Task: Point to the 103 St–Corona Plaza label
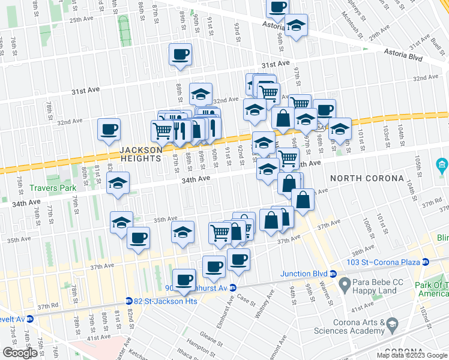(x=385, y=262)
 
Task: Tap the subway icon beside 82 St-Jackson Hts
(x=128, y=301)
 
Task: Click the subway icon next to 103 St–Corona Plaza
(x=425, y=262)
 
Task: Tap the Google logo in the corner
(x=19, y=353)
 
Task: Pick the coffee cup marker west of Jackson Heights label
(x=109, y=130)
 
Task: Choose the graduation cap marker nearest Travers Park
(x=118, y=183)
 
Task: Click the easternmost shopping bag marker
(x=304, y=200)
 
